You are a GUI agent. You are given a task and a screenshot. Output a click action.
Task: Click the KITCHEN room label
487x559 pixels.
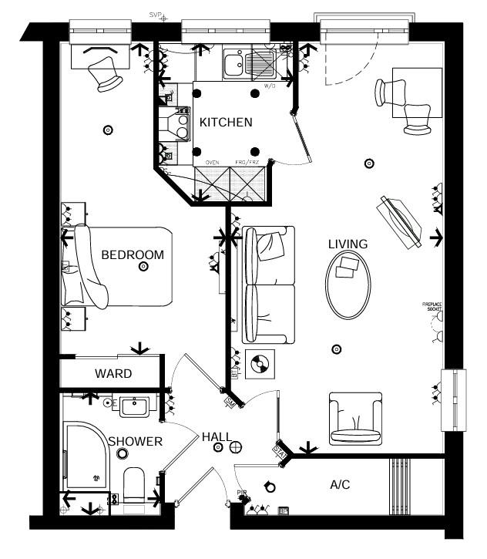pyautogui.click(x=226, y=123)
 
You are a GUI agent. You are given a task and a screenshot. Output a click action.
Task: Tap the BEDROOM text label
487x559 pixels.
pyautogui.click(x=133, y=254)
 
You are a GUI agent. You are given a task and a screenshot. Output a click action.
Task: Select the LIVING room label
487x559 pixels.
pyautogui.click(x=348, y=244)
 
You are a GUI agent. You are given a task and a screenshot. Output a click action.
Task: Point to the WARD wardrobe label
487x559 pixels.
pyautogui.click(x=113, y=374)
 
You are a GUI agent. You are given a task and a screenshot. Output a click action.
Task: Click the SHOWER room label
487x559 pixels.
pyautogui.click(x=136, y=441)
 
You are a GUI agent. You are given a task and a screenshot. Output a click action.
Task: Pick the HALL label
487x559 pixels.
pyautogui.click(x=217, y=437)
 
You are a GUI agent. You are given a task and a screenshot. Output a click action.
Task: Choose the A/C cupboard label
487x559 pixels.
pyautogui.click(x=340, y=485)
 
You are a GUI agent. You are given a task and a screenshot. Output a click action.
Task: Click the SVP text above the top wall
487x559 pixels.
pyautogui.click(x=155, y=15)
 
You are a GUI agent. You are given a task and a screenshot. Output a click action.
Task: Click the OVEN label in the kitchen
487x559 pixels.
pyautogui.click(x=213, y=163)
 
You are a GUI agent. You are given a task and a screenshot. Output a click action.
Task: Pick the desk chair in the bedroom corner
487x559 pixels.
pyautogui.click(x=106, y=73)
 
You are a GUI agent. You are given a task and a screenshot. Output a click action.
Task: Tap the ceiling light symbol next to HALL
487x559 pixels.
pyautogui.click(x=237, y=446)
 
